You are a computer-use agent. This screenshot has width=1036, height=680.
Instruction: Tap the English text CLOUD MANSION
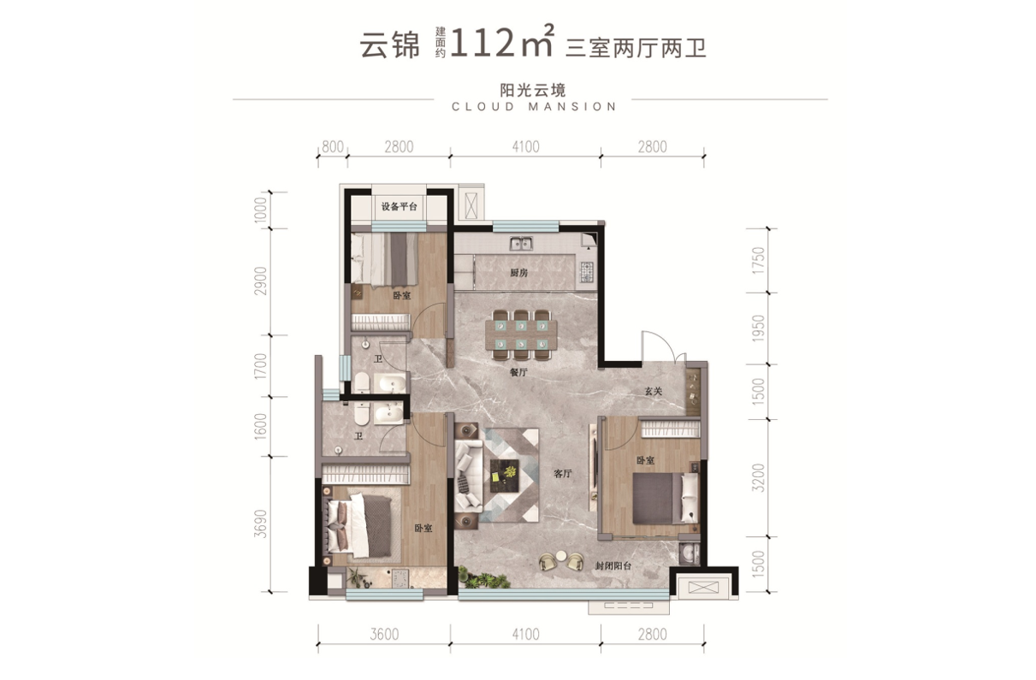click(533, 107)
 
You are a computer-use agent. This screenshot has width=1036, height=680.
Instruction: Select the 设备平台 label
click(400, 207)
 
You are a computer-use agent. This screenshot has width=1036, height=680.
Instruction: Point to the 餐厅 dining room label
click(517, 373)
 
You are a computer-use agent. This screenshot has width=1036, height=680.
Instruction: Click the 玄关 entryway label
click(654, 392)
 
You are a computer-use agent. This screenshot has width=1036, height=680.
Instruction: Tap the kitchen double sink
click(520, 243)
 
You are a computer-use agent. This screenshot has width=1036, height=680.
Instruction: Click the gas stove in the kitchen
click(587, 273)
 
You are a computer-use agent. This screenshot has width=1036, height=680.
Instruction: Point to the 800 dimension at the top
click(333, 147)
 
